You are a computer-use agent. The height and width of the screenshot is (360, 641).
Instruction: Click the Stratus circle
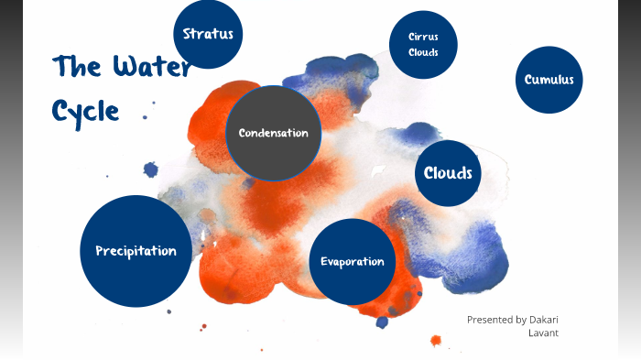[x=208, y=35]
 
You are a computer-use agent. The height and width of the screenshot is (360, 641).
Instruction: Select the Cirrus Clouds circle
[x=423, y=44]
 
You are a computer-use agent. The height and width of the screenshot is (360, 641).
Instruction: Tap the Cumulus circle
[x=549, y=80]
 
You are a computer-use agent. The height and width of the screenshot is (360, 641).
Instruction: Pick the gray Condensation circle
[x=273, y=134]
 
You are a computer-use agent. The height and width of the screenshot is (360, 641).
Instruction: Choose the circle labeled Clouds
[x=448, y=172]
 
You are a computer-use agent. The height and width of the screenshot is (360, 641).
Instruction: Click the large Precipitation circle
[x=136, y=251]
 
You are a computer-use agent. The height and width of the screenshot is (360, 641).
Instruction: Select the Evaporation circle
[x=352, y=261]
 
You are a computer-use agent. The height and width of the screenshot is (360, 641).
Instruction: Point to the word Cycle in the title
[x=85, y=111]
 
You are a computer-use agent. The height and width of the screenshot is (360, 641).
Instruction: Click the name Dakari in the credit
[x=544, y=320]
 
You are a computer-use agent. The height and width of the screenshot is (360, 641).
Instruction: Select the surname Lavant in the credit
[x=543, y=333]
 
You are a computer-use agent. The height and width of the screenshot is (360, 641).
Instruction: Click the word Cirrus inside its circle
[x=423, y=37]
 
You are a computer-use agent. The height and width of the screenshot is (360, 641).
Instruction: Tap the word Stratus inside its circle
[x=208, y=35]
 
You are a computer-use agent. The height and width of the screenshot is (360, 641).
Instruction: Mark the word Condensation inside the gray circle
[x=273, y=134]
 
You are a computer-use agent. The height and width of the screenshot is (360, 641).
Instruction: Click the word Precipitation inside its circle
[x=136, y=251]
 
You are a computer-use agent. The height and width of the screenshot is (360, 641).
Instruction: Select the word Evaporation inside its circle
[x=352, y=262]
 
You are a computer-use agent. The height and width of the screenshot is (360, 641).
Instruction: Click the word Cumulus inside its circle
[x=549, y=80]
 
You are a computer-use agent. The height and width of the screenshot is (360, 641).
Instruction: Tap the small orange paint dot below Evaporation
[x=435, y=341]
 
